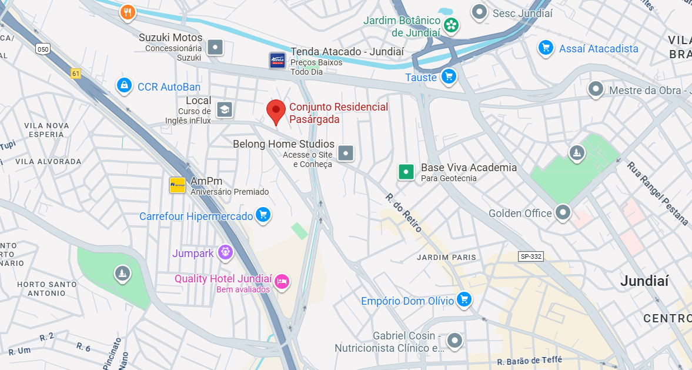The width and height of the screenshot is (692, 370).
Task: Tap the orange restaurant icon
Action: pyautogui.click(x=128, y=12)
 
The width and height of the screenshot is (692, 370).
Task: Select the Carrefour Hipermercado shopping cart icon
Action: pyautogui.click(x=263, y=215)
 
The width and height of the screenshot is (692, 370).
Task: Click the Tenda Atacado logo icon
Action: pyautogui.click(x=278, y=60)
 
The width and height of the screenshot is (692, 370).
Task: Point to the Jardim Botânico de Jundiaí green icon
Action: pyautogui.click(x=452, y=25)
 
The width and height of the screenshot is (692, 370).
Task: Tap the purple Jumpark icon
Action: pyautogui.click(x=225, y=253)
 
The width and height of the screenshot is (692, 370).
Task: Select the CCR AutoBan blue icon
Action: pyautogui.click(x=124, y=86)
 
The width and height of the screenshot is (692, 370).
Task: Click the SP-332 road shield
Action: pyautogui.click(x=530, y=256)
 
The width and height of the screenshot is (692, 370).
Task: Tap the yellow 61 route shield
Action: pyautogui.click(x=76, y=74)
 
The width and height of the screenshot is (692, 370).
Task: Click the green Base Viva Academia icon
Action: pyautogui.click(x=406, y=172)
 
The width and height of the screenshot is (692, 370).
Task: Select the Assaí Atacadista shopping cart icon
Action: pyautogui.click(x=546, y=48)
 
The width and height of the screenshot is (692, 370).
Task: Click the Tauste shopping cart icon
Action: pyautogui.click(x=449, y=76)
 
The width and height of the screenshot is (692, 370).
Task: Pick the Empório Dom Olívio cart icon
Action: pyautogui.click(x=464, y=299)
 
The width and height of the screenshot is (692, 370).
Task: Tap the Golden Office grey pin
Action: pyautogui.click(x=563, y=212)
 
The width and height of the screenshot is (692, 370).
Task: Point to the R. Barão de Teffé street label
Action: pyautogui.click(x=529, y=360)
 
